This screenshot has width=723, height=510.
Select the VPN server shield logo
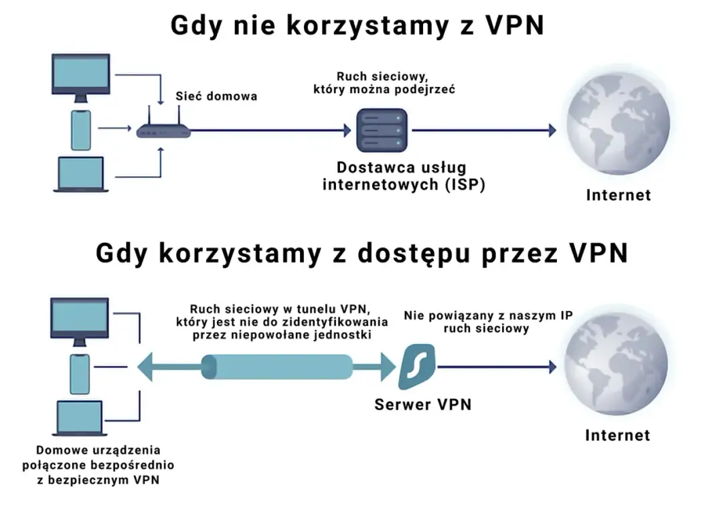(x=418, y=367)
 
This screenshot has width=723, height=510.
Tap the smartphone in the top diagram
(x=80, y=130)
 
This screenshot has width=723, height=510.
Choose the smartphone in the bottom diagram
(x=80, y=373)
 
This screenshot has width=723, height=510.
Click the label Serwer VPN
(x=422, y=404)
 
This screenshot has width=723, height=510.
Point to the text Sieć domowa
(x=216, y=96)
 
